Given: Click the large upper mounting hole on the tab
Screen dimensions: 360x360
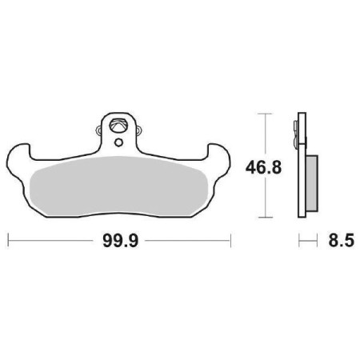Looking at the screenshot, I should click(118, 126).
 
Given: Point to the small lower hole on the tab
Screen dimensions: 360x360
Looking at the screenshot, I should click(118, 143).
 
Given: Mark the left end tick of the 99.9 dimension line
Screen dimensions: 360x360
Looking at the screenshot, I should click(8, 240).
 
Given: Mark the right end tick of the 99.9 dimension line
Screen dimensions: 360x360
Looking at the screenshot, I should click(230, 240).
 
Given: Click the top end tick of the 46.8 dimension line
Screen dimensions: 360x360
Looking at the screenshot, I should click(264, 114).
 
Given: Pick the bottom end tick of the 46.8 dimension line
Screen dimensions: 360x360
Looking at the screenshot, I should click(264, 218).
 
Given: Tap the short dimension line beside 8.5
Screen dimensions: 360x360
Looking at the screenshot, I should click(306, 240).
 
